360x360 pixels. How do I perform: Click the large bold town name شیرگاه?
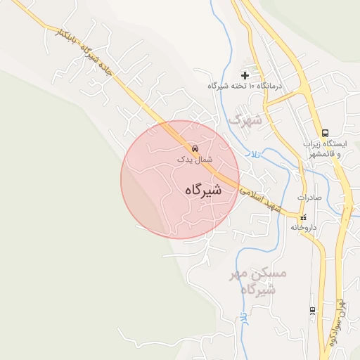click(204, 190)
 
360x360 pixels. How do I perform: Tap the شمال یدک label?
click(195, 160)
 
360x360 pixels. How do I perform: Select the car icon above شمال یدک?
click(195, 149)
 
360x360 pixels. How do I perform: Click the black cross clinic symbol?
click(245, 75)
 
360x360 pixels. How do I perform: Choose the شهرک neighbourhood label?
click(245, 120)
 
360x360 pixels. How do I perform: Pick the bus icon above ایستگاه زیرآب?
click(325, 133)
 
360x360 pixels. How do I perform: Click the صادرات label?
click(309, 198)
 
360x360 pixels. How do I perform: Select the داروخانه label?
click(304, 228)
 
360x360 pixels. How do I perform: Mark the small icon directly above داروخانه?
click(304, 218)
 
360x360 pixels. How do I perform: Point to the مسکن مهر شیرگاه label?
click(259, 281)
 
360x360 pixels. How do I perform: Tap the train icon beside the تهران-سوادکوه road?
click(312, 310)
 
